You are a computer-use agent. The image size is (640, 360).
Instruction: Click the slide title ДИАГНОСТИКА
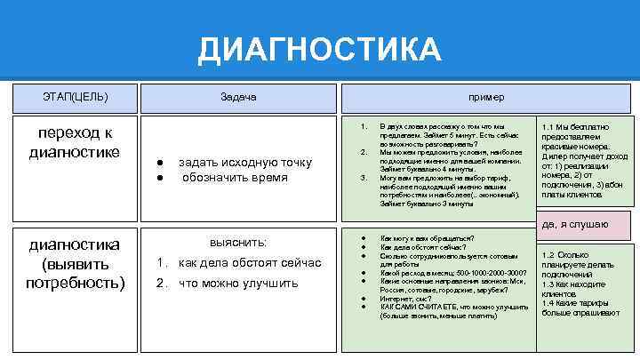[x=319, y=50]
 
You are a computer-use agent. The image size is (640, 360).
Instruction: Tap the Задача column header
[x=240, y=96]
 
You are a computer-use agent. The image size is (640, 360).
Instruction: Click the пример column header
[x=488, y=96]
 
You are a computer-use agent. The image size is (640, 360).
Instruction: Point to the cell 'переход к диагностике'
[x=75, y=142]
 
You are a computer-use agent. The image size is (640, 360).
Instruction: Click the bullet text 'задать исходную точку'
[x=245, y=162]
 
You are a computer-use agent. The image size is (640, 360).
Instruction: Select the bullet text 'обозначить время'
[x=235, y=177]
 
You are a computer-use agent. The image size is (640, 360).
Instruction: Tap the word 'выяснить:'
[x=237, y=243]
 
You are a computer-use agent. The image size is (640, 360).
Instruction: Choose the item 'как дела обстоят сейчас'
[x=237, y=263]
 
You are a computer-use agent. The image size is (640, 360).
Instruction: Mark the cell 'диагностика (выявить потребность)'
[x=75, y=263]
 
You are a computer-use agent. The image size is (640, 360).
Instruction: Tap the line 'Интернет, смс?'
[x=405, y=300]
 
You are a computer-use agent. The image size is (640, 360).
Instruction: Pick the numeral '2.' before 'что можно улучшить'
[x=162, y=284]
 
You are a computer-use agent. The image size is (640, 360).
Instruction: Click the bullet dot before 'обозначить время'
[x=157, y=178]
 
